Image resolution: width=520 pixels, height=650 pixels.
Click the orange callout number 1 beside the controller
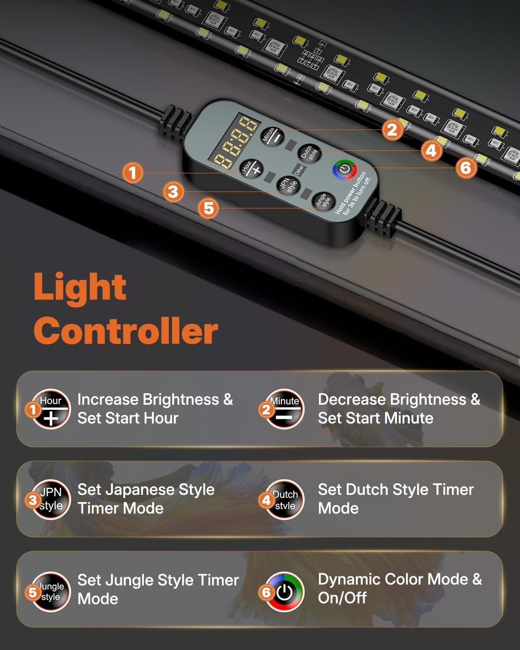click(x=132, y=173)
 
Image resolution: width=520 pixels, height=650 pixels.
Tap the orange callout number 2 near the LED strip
click(x=392, y=130)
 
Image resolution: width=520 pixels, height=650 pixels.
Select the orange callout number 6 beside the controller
click(x=466, y=168)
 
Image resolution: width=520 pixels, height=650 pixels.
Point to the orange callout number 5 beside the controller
click(x=208, y=208)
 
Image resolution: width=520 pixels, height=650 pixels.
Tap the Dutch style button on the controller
click(x=309, y=153)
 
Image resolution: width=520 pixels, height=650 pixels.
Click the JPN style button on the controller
click(x=289, y=185)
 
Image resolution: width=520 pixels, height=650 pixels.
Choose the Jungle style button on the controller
click(x=323, y=201)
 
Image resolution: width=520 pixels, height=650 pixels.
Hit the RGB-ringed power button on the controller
click(x=344, y=169)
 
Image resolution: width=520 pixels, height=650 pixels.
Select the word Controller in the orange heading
click(x=126, y=331)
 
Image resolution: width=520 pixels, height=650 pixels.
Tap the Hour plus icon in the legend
click(x=51, y=409)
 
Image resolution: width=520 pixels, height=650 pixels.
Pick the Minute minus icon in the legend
click(x=284, y=409)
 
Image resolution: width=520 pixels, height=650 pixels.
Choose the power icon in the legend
click(x=284, y=591)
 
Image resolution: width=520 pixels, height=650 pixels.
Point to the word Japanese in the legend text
click(x=128, y=490)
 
